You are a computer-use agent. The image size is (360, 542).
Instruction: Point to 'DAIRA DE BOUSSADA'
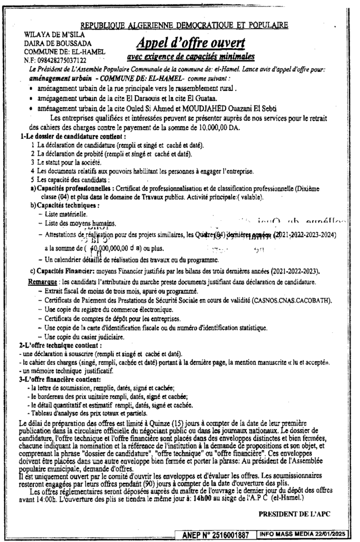pyautogui.click(x=58, y=43)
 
